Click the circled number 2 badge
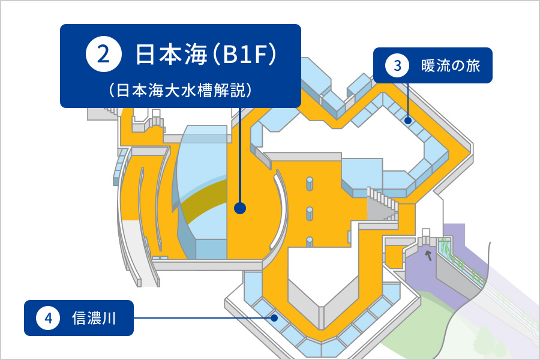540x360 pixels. tap(103, 54)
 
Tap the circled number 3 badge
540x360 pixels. tap(397, 65)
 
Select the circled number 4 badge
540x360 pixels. tap(48, 317)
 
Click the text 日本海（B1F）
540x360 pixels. tap(206, 54)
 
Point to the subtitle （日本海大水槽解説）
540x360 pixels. tap(181, 91)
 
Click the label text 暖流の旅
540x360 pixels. tap(450, 65)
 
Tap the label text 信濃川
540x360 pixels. tap(94, 317)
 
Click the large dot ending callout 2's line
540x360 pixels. tap(239, 208)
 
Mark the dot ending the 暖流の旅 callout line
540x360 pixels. tap(408, 120)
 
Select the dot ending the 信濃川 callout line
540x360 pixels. tap(274, 317)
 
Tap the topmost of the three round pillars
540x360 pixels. tap(310, 184)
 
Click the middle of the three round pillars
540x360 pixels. tap(310, 214)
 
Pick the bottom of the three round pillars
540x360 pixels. tap(310, 242)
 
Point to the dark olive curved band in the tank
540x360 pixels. tap(203, 200)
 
